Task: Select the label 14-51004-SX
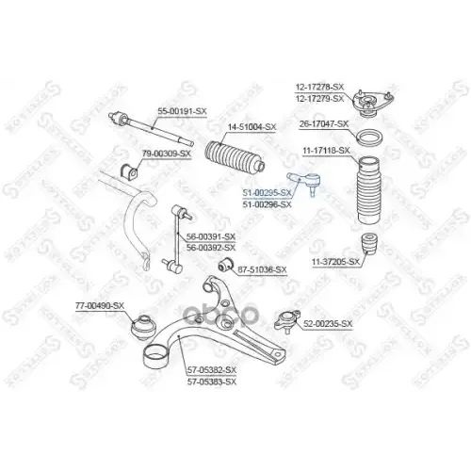click(x=252, y=127)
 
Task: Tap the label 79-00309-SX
click(x=166, y=153)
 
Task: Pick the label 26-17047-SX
click(x=324, y=124)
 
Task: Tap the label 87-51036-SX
click(x=261, y=269)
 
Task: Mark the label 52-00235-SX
click(x=327, y=324)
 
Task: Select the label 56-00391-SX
click(x=211, y=237)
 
